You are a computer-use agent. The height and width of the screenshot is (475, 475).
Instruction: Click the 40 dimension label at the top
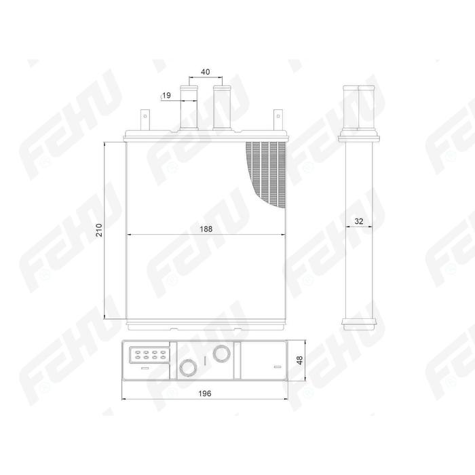click(x=205, y=72)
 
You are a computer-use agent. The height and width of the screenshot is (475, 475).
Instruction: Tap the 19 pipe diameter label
click(x=167, y=96)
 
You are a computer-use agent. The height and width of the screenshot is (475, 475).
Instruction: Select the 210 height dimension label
click(x=99, y=230)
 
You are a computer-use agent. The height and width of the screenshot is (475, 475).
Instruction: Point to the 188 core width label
click(x=206, y=229)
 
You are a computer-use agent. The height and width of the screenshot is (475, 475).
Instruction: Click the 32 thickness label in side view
click(x=359, y=221)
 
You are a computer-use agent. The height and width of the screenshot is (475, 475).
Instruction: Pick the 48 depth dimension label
click(x=299, y=360)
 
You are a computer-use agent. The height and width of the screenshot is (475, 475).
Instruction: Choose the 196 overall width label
click(x=205, y=394)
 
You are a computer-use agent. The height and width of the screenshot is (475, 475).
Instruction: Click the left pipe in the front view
click(x=189, y=108)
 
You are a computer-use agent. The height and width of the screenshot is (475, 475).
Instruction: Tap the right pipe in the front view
click(x=222, y=108)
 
